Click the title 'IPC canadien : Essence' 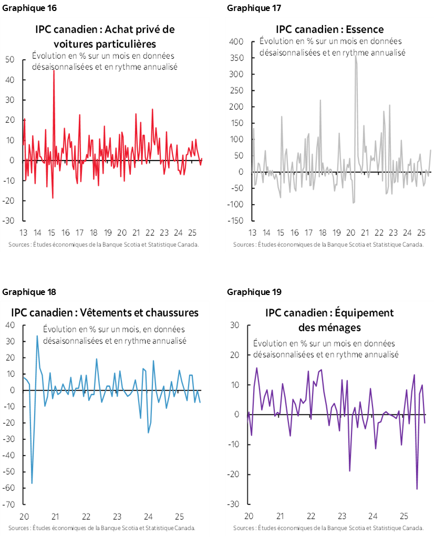tap(329, 29)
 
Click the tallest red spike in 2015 tap(53, 70)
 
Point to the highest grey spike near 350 tap(356, 57)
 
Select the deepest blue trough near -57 tap(32, 482)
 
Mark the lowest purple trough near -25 tap(417, 488)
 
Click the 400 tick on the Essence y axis tap(237, 41)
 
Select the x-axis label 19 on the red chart tap(107, 233)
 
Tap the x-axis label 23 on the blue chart tap(117, 515)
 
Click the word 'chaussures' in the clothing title tap(174, 313)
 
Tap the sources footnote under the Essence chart tap(328, 245)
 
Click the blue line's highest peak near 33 tap(37, 336)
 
